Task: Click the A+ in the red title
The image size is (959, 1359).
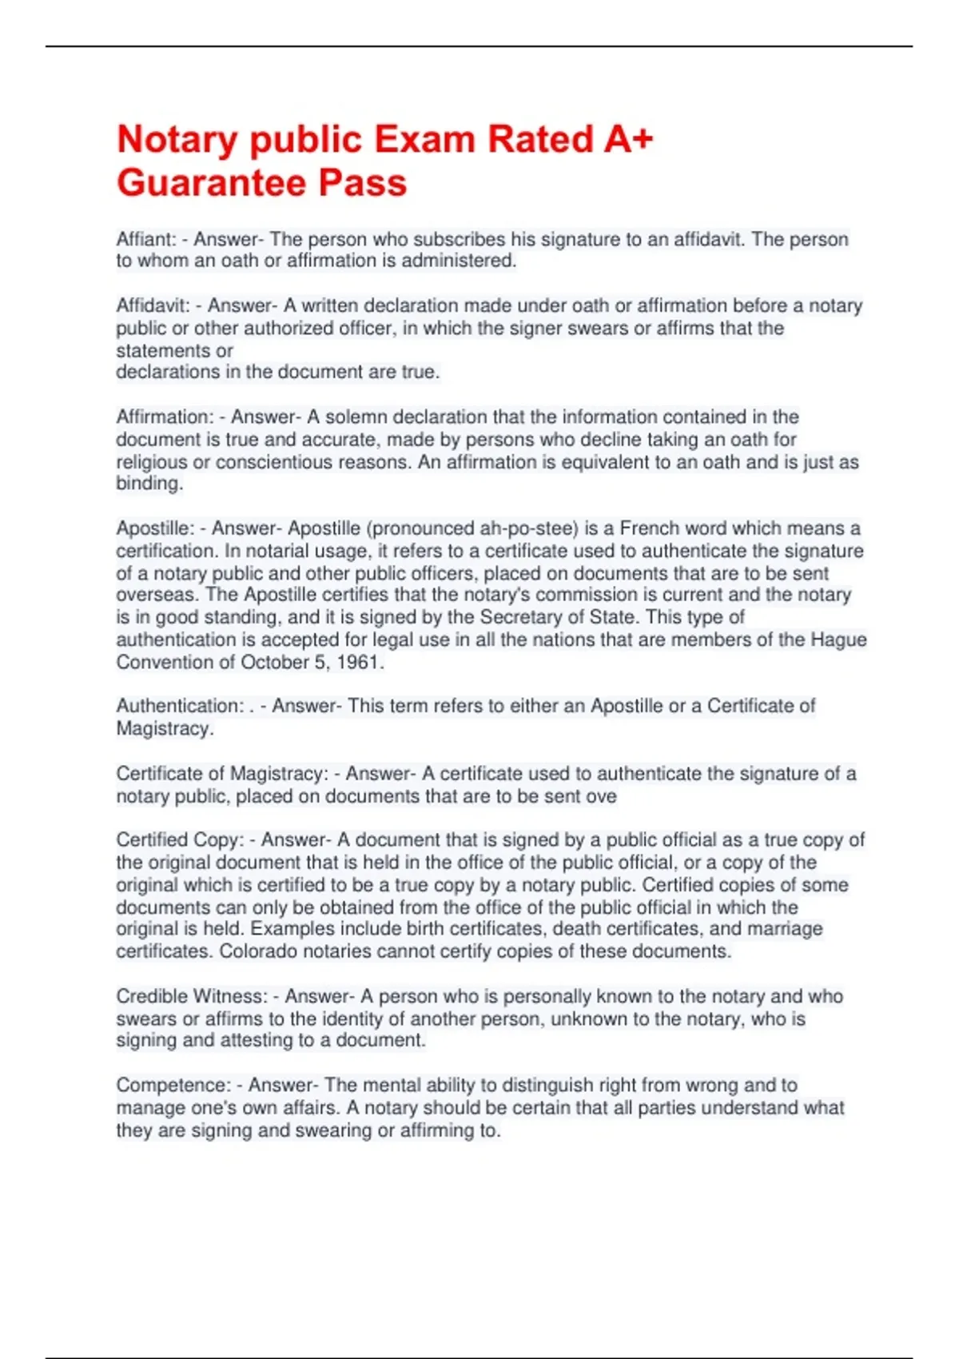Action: pos(628,139)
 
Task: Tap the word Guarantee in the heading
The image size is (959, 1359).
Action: pos(212,182)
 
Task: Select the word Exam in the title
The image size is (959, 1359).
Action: pos(424,139)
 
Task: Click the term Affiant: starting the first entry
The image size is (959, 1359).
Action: pos(146,239)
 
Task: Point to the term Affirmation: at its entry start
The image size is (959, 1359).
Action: pos(165,416)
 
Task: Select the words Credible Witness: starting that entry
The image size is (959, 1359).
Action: pos(192,996)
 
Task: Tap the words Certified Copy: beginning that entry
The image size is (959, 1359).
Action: pos(180,840)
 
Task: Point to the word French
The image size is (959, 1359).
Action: pos(651,528)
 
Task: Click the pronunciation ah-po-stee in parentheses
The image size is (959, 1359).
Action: pos(528,528)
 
